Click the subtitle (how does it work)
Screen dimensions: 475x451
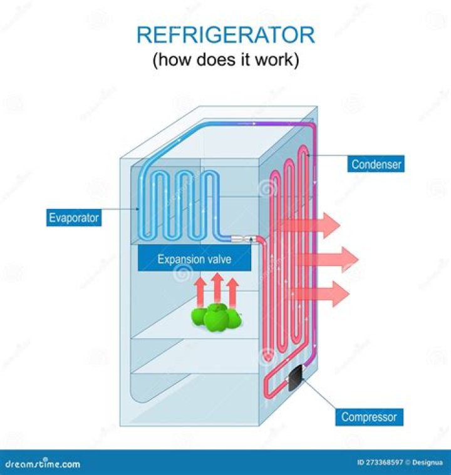click(x=225, y=61)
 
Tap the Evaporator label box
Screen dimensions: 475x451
click(x=75, y=218)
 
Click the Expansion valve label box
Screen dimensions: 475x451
click(x=194, y=258)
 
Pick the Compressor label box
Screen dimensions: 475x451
click(x=369, y=416)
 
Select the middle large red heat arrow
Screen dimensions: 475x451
click(x=326, y=257)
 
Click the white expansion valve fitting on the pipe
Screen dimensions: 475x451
click(x=241, y=238)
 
